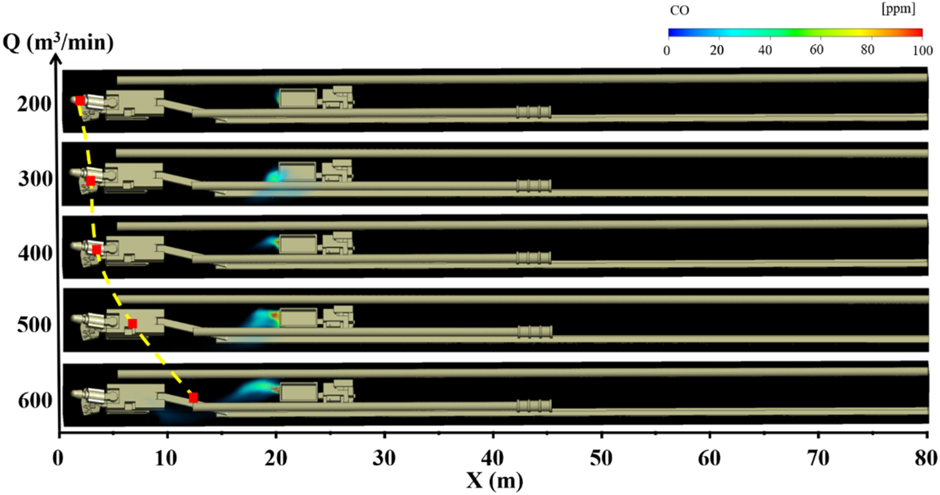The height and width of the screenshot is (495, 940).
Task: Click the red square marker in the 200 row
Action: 80,100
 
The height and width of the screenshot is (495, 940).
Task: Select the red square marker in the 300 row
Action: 90,181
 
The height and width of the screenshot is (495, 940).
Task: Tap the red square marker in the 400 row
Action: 97,250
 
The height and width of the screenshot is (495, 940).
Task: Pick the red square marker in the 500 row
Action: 132,323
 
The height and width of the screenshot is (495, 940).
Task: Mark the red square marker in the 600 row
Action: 193,397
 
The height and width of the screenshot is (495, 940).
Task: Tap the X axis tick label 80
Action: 927,455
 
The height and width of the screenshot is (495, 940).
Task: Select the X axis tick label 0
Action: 59,455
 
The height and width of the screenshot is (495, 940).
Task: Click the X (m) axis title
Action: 494,480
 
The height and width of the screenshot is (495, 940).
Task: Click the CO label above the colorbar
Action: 680,11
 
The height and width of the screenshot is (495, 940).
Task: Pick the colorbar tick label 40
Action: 764,51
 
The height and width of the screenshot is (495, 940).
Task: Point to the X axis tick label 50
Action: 601,455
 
